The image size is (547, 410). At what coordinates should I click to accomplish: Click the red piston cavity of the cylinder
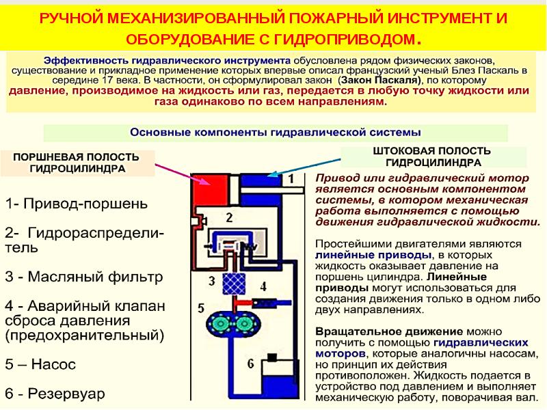click(x=211, y=189)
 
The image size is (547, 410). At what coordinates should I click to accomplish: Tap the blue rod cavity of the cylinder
click(x=261, y=180)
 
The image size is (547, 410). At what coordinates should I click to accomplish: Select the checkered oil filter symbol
click(x=233, y=284)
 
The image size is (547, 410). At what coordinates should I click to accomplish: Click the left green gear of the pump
click(x=220, y=324)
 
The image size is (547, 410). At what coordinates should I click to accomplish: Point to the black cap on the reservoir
click(x=271, y=357)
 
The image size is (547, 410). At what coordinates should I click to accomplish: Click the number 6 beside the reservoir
click(x=250, y=364)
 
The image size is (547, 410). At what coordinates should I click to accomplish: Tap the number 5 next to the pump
click(x=200, y=308)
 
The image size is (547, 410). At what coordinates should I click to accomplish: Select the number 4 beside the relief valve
click(x=263, y=286)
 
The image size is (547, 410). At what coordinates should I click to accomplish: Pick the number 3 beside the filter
click(x=212, y=281)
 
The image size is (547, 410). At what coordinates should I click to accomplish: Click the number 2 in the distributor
click(x=229, y=217)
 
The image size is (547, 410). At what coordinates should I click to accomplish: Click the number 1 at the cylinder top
click(x=291, y=179)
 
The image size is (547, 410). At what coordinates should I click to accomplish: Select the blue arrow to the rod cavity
click(x=304, y=167)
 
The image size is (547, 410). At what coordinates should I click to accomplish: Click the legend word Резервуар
click(x=66, y=394)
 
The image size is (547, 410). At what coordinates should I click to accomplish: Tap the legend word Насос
click(x=53, y=364)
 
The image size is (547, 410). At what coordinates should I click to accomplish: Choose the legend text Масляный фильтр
click(x=95, y=277)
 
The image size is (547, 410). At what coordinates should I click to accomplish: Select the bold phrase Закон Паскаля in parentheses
click(x=379, y=80)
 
